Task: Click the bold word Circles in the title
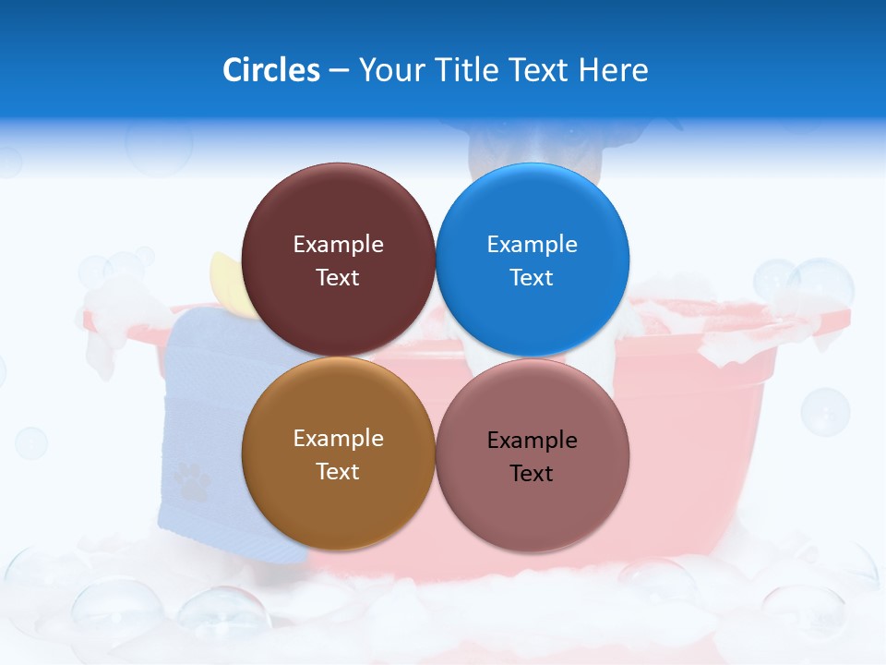(271, 70)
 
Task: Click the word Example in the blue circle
(532, 245)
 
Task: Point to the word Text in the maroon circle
(338, 278)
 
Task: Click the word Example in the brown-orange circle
(338, 439)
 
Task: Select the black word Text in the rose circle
(532, 474)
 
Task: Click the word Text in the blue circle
(532, 278)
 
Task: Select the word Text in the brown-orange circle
(338, 472)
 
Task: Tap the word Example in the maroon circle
(338, 245)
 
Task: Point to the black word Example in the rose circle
(532, 441)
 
